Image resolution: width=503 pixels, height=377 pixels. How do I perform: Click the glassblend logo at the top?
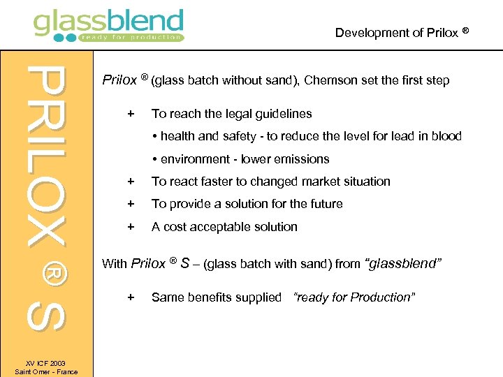[x=108, y=26]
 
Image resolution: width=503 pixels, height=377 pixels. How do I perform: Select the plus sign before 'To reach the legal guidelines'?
[x=129, y=113]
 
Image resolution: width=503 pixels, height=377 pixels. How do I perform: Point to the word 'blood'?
[x=446, y=136]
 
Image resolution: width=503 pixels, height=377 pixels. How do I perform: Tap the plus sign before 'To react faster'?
[x=129, y=182]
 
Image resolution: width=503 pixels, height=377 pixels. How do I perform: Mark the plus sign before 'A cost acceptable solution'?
[x=129, y=227]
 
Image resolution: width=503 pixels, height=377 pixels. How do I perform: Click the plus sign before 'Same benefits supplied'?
[x=129, y=297]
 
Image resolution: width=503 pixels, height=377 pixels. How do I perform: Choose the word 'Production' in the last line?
[x=382, y=297]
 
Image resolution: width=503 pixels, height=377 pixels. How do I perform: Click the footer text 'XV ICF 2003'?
[x=46, y=363]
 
